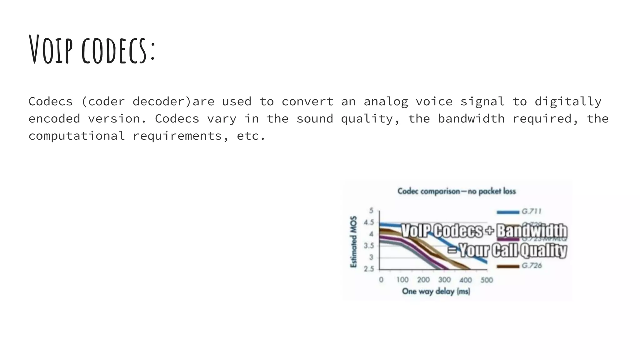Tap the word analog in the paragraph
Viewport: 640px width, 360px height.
click(x=386, y=102)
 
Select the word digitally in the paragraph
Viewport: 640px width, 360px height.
click(x=568, y=102)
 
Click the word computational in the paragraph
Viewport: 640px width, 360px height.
click(x=77, y=136)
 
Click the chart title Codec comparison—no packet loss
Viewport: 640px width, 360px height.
click(x=456, y=191)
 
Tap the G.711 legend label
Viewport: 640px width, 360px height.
click(x=531, y=212)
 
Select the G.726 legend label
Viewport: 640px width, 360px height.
click(x=531, y=266)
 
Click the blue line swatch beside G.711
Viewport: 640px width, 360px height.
click(x=508, y=212)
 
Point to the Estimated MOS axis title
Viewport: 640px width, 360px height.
click(x=353, y=242)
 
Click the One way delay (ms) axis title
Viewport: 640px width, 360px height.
click(x=436, y=291)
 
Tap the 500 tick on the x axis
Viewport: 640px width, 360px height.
click(x=487, y=280)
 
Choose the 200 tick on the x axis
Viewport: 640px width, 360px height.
click(x=423, y=280)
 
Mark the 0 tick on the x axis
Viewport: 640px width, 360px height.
click(x=381, y=280)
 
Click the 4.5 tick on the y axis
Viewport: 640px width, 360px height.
click(x=369, y=222)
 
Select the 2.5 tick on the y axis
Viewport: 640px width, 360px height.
click(x=369, y=269)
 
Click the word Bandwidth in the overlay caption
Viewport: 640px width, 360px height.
click(x=532, y=231)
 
